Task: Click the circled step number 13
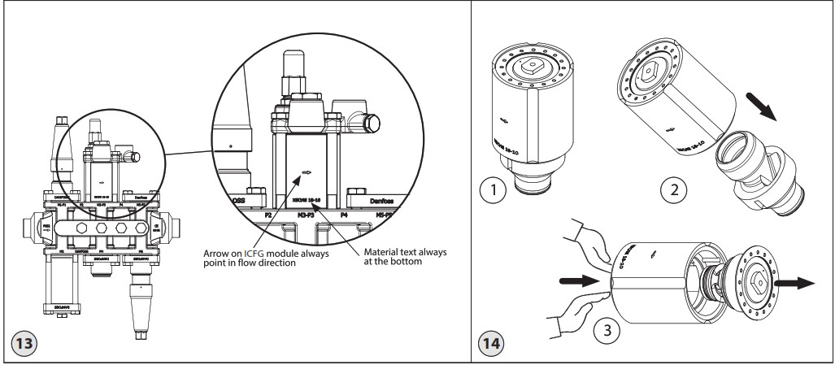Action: click(22, 342)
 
